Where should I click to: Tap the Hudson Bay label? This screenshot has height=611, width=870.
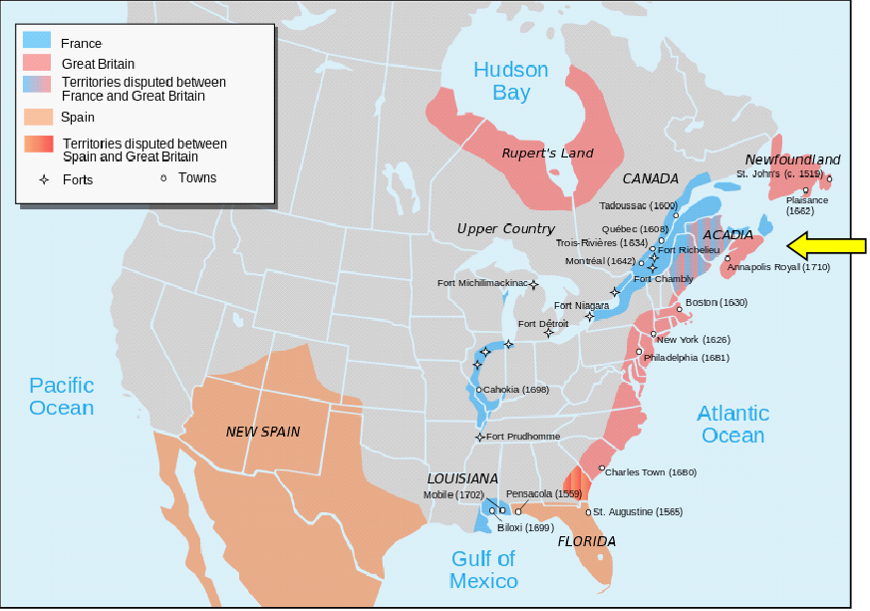click(510, 82)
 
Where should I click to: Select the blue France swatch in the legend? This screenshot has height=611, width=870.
click(38, 43)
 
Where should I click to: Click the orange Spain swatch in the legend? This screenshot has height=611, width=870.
click(38, 118)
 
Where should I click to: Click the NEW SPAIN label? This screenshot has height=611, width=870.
click(262, 432)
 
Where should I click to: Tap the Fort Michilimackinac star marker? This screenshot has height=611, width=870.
click(534, 284)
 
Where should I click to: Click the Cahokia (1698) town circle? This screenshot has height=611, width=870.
click(479, 390)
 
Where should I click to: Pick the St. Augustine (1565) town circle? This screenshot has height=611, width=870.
click(588, 512)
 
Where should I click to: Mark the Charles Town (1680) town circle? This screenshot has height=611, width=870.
click(601, 468)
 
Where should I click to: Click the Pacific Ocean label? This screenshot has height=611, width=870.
click(61, 396)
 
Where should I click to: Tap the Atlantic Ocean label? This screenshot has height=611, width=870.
click(732, 424)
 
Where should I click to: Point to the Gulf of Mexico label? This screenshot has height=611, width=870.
click(483, 570)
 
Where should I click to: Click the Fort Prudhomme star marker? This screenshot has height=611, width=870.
click(479, 437)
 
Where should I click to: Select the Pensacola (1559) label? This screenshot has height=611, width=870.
click(544, 493)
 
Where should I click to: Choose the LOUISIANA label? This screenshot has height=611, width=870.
click(462, 478)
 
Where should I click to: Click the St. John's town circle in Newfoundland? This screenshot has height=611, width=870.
click(829, 179)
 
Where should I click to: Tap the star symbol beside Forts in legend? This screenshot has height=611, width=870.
click(44, 180)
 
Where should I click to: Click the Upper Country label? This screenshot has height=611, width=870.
click(505, 229)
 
